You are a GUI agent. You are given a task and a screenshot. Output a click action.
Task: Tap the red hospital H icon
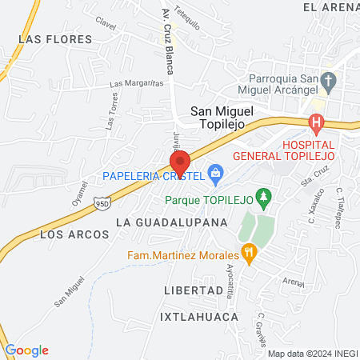(316, 124)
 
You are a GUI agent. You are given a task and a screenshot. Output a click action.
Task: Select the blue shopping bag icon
(214, 173)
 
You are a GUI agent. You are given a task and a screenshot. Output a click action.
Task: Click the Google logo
(26, 350)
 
